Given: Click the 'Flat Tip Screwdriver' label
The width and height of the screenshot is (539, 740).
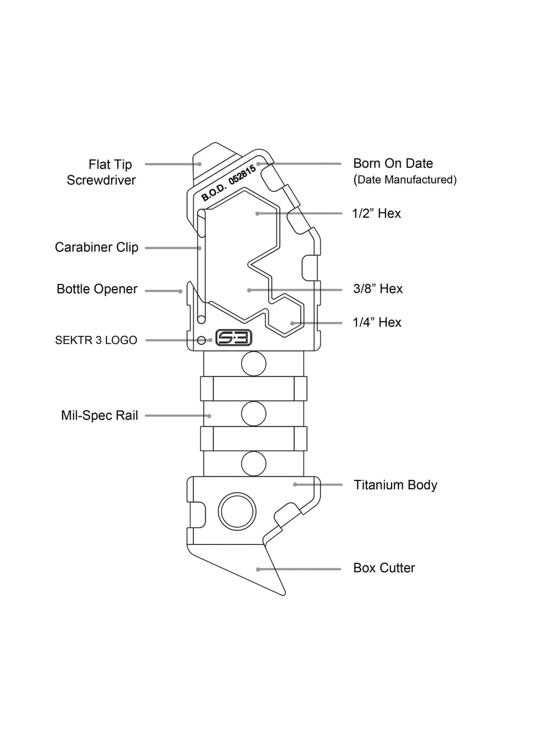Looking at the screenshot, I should (x=101, y=172).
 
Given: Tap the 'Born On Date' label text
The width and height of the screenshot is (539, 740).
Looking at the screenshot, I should (x=393, y=163).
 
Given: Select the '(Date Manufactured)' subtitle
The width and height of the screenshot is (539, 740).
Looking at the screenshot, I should (x=405, y=180).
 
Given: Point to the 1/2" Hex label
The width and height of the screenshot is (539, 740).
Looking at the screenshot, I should (x=376, y=213).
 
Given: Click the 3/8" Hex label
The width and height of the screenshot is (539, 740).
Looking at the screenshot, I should (x=377, y=289).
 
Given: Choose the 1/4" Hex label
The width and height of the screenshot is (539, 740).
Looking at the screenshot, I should (x=377, y=322).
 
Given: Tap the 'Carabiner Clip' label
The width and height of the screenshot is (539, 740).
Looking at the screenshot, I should (x=96, y=247).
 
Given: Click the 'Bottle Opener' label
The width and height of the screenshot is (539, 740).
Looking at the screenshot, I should (x=97, y=289).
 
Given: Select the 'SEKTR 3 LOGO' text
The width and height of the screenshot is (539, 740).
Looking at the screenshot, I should (x=96, y=340).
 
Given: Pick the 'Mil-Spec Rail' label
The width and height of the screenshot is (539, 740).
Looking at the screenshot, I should (x=99, y=416).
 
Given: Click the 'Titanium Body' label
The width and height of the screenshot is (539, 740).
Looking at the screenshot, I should (x=395, y=485).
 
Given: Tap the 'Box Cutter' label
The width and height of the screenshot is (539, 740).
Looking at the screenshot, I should (x=384, y=568).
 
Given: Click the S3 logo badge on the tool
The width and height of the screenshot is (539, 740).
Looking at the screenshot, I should (x=234, y=338).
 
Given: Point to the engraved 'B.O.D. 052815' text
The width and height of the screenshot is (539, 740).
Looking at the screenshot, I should (x=228, y=183).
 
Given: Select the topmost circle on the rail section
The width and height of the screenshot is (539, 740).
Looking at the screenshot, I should (x=254, y=364).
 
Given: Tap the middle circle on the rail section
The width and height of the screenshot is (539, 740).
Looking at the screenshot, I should (x=254, y=414).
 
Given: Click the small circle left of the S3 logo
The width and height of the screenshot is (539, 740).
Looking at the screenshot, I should (x=201, y=341).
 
